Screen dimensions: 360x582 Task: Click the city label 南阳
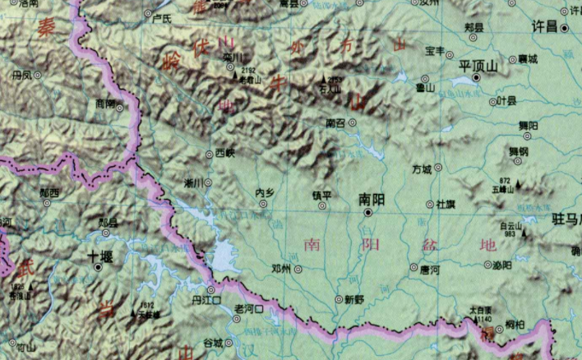click(x=372, y=199)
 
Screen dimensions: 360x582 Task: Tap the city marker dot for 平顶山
click(x=477, y=78)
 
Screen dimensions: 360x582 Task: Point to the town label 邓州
click(x=281, y=268)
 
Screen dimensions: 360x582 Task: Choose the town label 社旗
click(x=446, y=203)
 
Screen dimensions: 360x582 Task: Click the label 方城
click(x=421, y=169)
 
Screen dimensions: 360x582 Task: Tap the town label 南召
click(x=335, y=122)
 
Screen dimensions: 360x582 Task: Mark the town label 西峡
click(x=224, y=153)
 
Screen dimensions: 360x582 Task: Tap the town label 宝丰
click(x=434, y=51)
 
